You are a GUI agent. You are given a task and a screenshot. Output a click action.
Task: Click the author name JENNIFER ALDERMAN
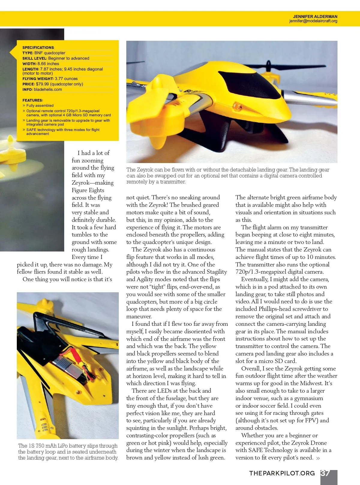pyautogui.click(x=315, y=16)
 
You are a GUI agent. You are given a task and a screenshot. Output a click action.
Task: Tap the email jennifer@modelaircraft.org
pyautogui.click(x=313, y=21)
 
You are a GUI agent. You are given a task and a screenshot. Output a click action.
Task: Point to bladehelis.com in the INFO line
pyautogui.click(x=48, y=89)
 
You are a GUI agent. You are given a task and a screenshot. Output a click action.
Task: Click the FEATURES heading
pyautogui.click(x=33, y=100)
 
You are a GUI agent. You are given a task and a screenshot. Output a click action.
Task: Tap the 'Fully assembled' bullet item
pyautogui.click(x=40, y=106)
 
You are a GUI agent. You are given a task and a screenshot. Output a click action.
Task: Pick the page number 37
pyautogui.click(x=325, y=473)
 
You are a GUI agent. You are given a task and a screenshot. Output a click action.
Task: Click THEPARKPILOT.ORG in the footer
pyautogui.click(x=282, y=473)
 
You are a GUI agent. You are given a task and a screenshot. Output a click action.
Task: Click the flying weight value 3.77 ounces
pyautogui.click(x=66, y=79)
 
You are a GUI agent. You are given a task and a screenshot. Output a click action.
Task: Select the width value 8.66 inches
pyautogui.click(x=48, y=64)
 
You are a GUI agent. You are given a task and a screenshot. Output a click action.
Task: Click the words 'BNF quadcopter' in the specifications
pyautogui.click(x=50, y=53)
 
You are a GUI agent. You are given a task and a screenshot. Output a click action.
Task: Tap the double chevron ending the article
pyautogui.click(x=318, y=458)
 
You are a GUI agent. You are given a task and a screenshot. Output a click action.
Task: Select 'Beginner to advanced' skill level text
pyautogui.click(x=69, y=58)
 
